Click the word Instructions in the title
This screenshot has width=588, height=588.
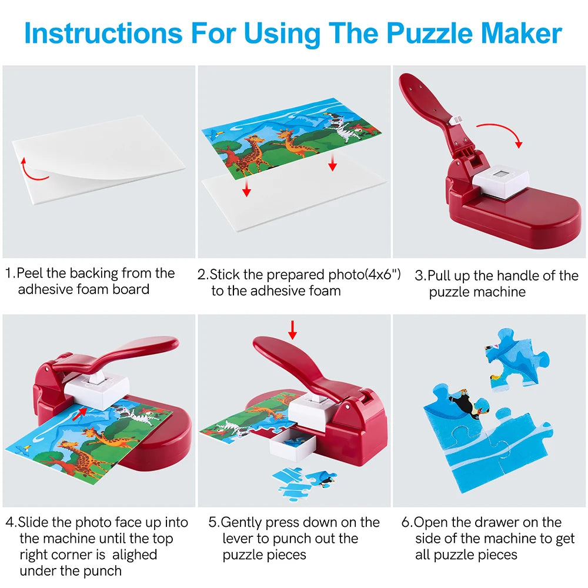pyautogui.click(x=102, y=34)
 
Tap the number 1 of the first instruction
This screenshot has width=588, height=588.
pyautogui.click(x=9, y=273)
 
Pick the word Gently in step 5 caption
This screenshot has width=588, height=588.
pyautogui.click(x=243, y=522)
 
